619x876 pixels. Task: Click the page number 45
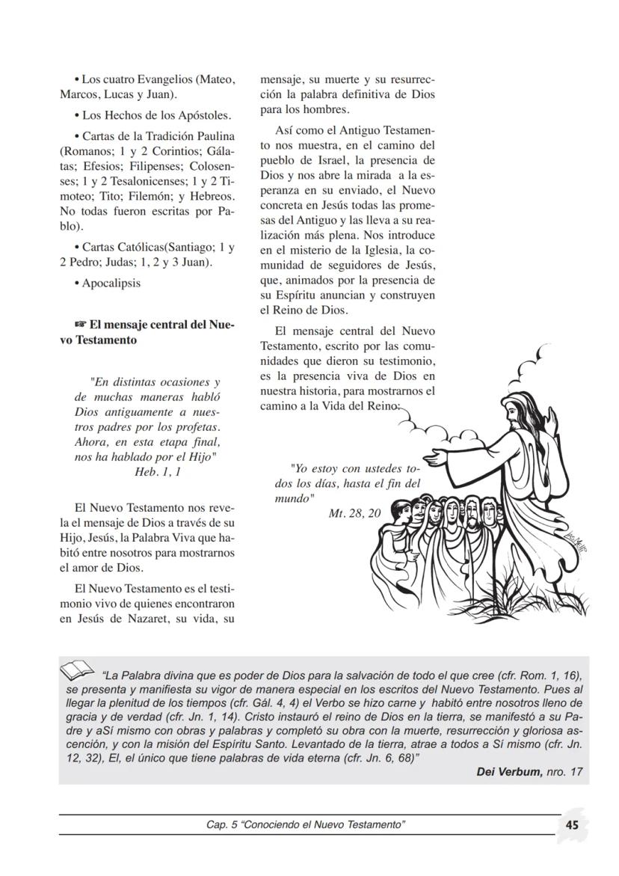(x=573, y=824)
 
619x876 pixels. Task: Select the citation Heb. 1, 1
(x=156, y=472)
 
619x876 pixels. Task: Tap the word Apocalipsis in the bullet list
(x=111, y=283)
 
